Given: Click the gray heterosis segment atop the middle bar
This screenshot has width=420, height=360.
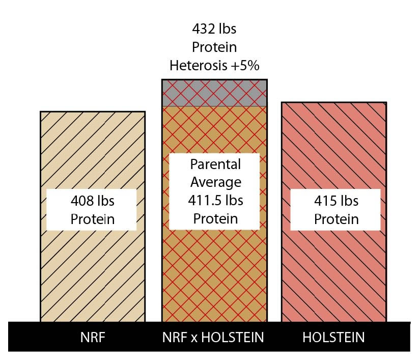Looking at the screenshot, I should click(214, 93).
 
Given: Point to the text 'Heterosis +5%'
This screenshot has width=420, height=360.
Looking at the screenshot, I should click(214, 66).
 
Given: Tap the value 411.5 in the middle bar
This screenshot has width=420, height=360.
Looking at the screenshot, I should click(200, 201).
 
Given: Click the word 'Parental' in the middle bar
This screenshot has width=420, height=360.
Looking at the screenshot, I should click(214, 164).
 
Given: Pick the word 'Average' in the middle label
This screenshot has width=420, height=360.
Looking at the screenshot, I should click(214, 182).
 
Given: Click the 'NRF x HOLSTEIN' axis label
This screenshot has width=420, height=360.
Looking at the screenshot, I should click(214, 338).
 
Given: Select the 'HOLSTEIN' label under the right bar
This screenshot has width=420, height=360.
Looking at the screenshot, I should click(333, 338).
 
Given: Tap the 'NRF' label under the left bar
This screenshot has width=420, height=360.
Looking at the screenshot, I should click(92, 338).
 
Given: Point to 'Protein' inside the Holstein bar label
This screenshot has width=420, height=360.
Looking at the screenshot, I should click(335, 219).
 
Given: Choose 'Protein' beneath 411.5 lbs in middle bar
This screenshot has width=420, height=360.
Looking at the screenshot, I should click(214, 219).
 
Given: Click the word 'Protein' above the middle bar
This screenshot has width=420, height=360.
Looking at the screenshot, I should click(214, 48).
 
